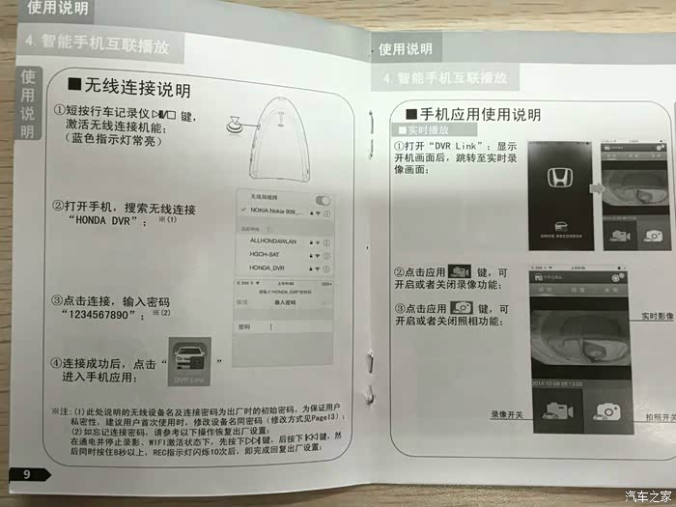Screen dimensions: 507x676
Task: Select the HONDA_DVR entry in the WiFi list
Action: pos(268,267)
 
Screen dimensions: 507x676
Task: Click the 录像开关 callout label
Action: pos(505,414)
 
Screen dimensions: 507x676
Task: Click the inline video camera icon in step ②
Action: pos(459,272)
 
